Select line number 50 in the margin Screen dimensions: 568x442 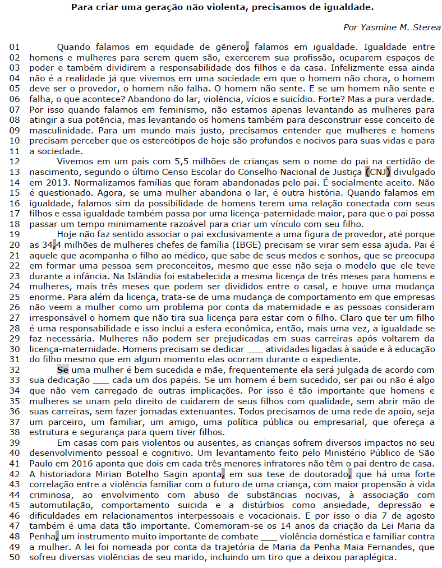(15, 558)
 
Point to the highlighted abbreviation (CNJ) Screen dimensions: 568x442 (377, 172)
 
